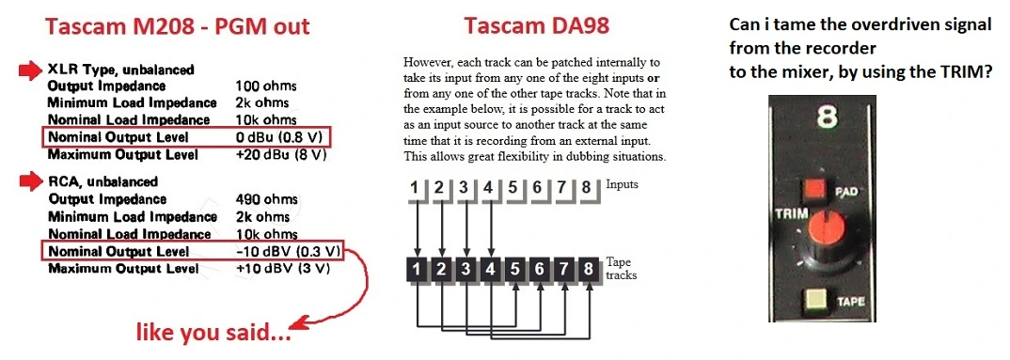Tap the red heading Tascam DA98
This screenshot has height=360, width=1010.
(x=537, y=26)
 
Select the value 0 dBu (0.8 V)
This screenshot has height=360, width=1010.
(x=281, y=136)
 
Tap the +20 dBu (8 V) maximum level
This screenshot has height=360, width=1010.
(x=281, y=154)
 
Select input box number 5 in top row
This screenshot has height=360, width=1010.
(x=514, y=189)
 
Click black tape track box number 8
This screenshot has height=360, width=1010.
(x=588, y=270)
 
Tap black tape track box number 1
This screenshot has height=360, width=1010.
(x=418, y=270)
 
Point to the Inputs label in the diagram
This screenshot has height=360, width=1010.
(x=623, y=185)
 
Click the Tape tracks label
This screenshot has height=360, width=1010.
(x=622, y=269)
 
